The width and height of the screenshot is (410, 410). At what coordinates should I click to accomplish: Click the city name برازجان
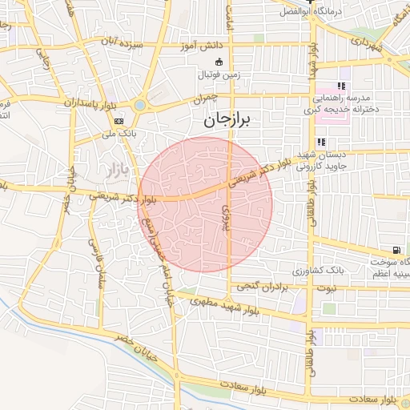tap(222, 120)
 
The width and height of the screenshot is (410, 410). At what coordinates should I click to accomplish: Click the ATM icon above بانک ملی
tap(119, 121)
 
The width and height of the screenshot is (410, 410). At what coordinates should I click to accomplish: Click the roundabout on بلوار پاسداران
tap(141, 104)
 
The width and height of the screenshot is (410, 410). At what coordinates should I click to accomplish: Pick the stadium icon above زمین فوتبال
tap(219, 62)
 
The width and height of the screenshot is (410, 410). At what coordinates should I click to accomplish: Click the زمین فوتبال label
tap(219, 74)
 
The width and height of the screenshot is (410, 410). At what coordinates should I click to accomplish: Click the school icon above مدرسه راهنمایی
tap(340, 86)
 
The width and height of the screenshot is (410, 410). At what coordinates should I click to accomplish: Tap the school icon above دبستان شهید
tap(320, 142)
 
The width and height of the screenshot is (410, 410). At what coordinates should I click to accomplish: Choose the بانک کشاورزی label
tap(340, 271)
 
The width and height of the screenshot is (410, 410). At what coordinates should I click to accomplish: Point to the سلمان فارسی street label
tap(95, 265)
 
